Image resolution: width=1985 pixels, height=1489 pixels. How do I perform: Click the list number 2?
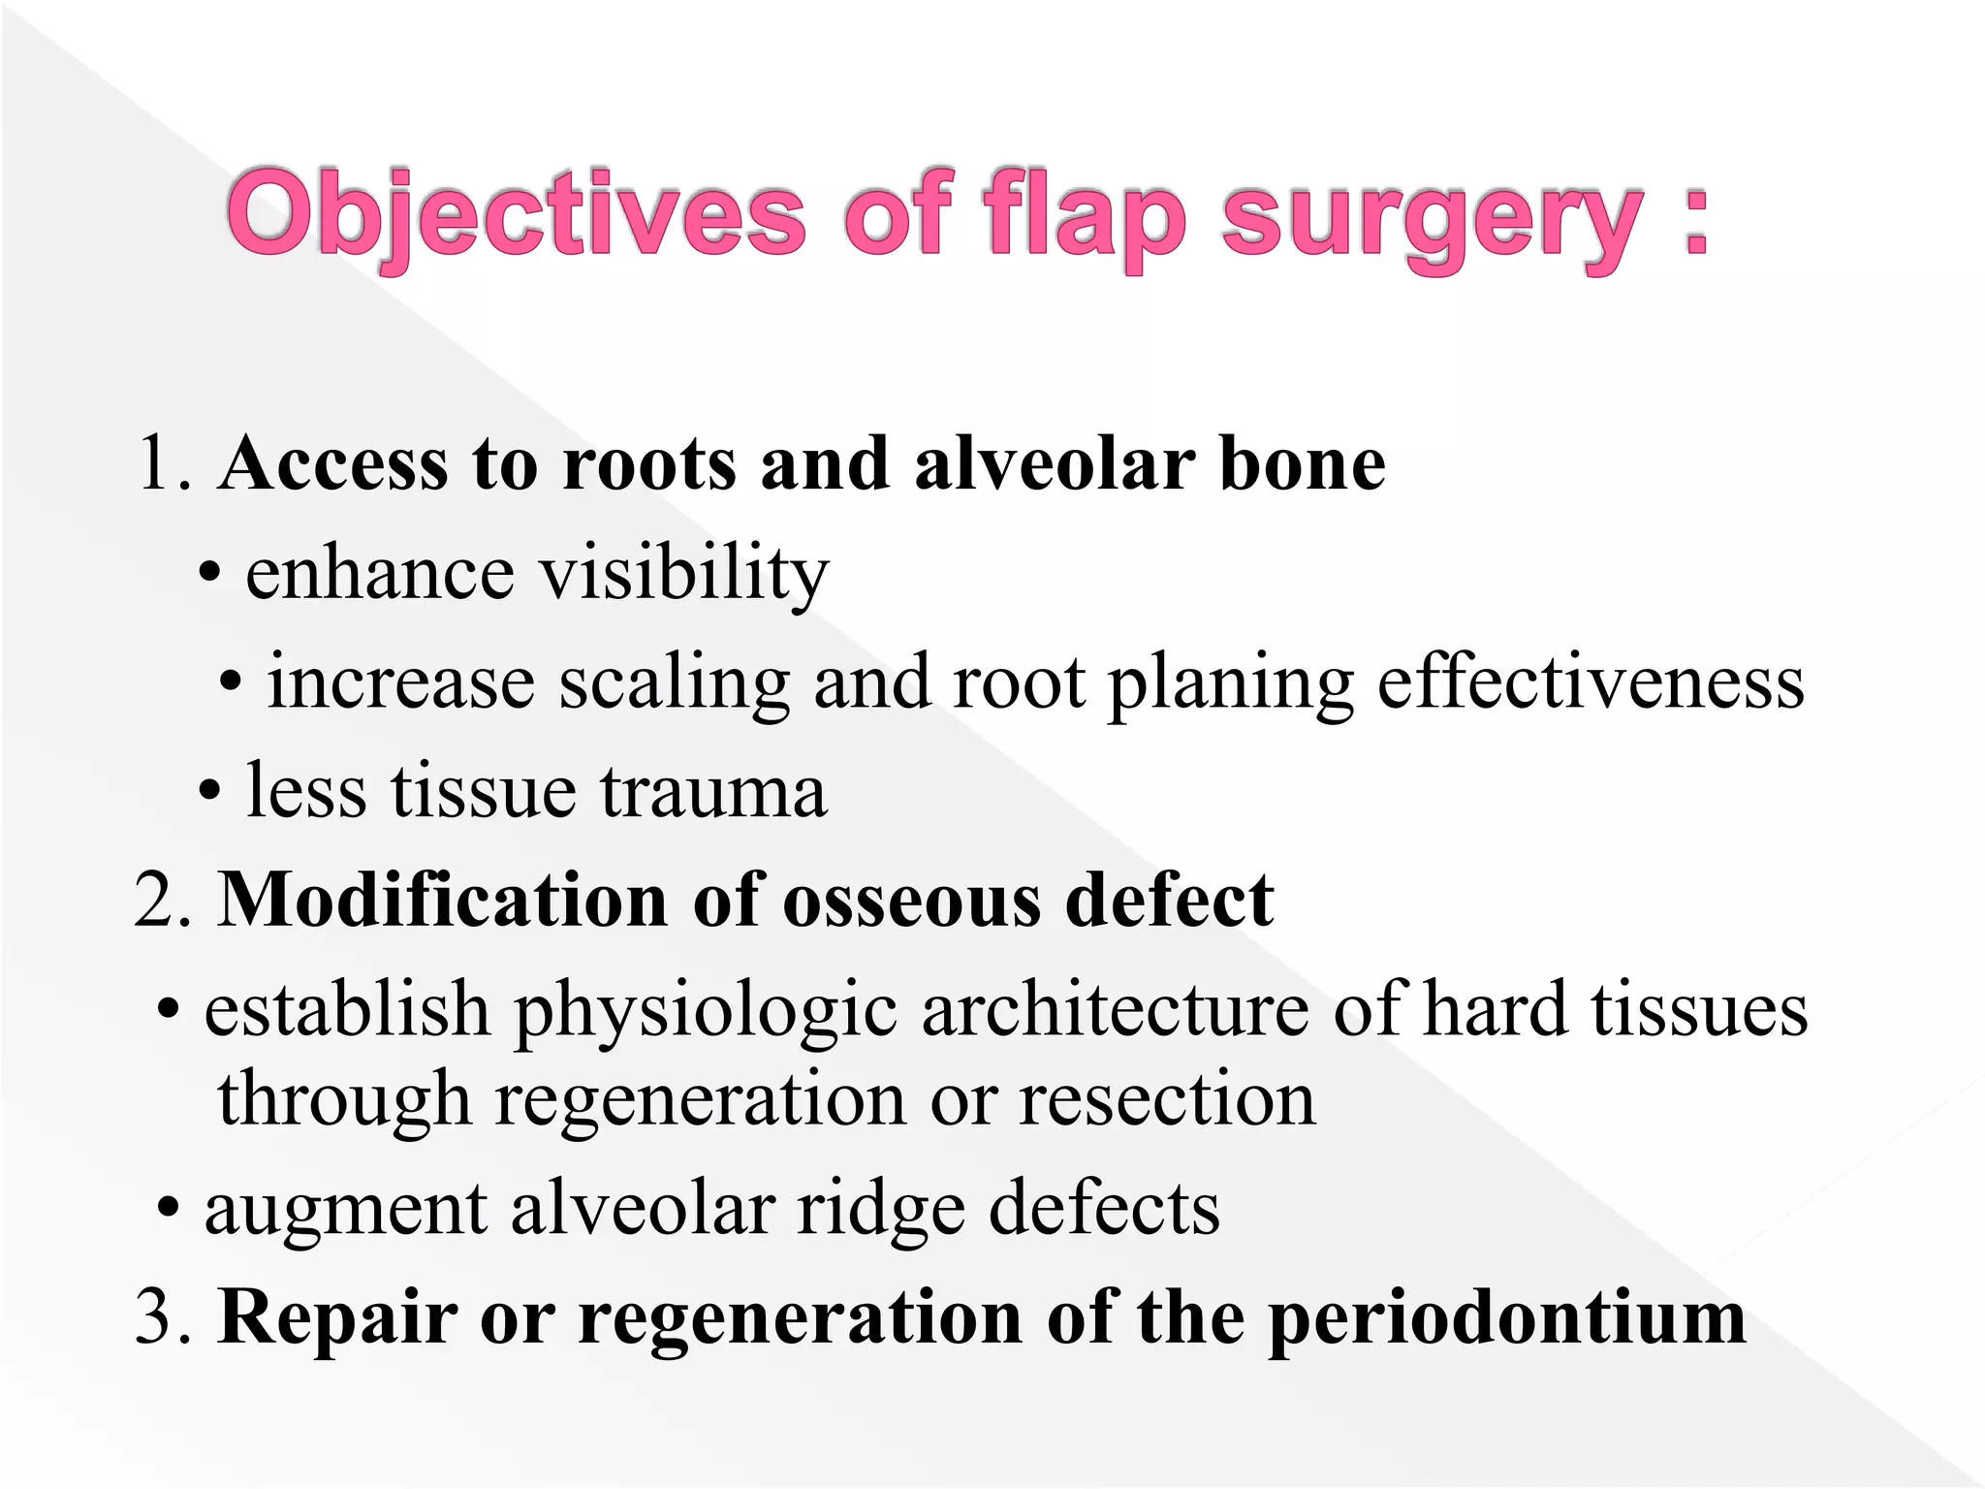160,901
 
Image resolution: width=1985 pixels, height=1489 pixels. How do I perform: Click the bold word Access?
334,463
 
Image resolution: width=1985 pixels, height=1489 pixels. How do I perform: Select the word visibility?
683,574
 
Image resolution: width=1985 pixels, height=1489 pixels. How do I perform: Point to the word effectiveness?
1591,682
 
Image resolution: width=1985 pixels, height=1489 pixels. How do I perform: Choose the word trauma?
713,791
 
